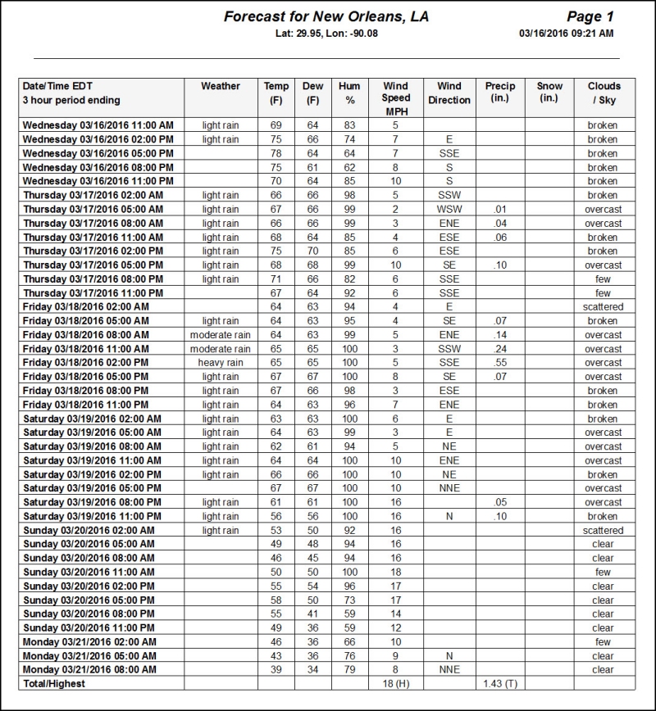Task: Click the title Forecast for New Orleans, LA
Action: pyautogui.click(x=326, y=16)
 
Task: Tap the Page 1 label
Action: pyautogui.click(x=590, y=16)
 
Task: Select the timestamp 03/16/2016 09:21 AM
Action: pyautogui.click(x=566, y=34)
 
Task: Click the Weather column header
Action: pyautogui.click(x=221, y=86)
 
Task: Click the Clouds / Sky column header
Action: pyautogui.click(x=604, y=93)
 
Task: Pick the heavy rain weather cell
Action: pyautogui.click(x=221, y=363)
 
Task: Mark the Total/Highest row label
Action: pyautogui.click(x=54, y=683)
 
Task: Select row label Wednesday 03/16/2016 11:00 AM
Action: pyautogui.click(x=98, y=126)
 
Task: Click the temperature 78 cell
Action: pyautogui.click(x=276, y=154)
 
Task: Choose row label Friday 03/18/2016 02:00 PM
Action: pyautogui.click(x=86, y=363)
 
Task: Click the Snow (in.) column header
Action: pyautogui.click(x=549, y=93)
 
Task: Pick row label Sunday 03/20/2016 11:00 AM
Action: pyautogui.click(x=89, y=572)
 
